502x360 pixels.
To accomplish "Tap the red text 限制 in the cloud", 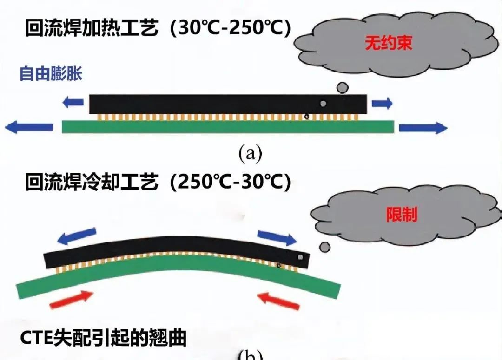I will click(402, 214).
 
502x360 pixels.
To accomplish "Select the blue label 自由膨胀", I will click(51, 74).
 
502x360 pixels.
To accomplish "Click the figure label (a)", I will click(251, 152).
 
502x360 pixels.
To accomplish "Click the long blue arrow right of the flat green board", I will click(423, 127).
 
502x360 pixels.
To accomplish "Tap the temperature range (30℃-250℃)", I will click(230, 29).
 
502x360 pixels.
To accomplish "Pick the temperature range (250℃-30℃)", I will click(230, 183).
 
